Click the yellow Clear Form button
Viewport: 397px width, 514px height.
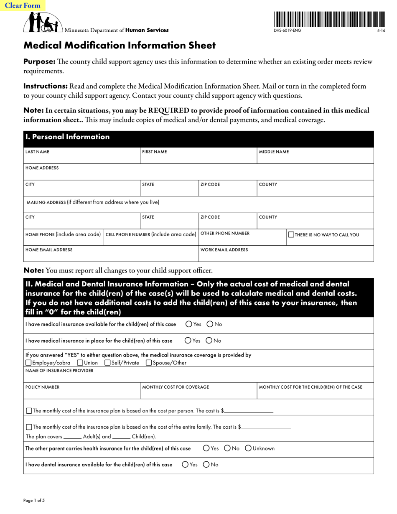(23, 5)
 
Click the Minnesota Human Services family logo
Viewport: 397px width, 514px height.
(43, 23)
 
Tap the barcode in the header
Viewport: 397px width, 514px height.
(329, 19)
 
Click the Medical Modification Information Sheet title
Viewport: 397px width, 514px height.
(120, 46)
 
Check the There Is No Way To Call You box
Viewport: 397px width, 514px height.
(291, 235)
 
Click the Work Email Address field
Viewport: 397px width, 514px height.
(286, 255)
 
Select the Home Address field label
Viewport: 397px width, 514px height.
(42, 168)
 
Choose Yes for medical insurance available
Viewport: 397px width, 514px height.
(189, 324)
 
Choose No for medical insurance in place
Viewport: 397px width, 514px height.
(209, 341)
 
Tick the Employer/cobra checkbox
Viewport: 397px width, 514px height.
(28, 363)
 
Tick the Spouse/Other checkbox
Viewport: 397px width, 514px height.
(149, 363)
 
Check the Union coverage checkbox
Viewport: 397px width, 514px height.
(80, 363)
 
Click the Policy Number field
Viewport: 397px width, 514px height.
(81, 393)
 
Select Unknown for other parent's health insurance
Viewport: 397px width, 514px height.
(248, 448)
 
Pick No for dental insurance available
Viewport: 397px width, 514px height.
(206, 464)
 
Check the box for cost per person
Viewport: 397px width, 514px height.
(29, 411)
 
